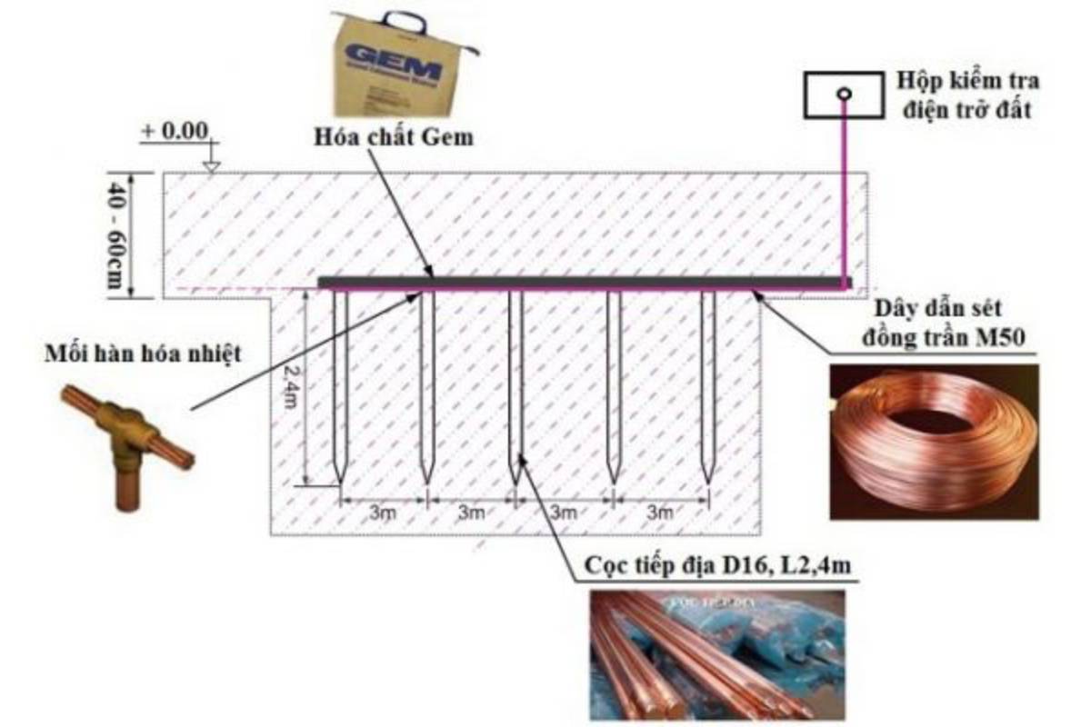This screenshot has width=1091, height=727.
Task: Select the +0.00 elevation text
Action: click(174, 130)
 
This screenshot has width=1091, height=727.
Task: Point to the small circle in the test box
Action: click(845, 93)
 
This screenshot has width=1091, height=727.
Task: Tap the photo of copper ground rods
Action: click(717, 654)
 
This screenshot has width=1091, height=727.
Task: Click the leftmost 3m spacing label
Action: click(383, 513)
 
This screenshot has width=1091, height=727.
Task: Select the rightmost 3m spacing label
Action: click(659, 513)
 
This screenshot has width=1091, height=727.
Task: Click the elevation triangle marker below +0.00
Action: click(211, 166)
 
